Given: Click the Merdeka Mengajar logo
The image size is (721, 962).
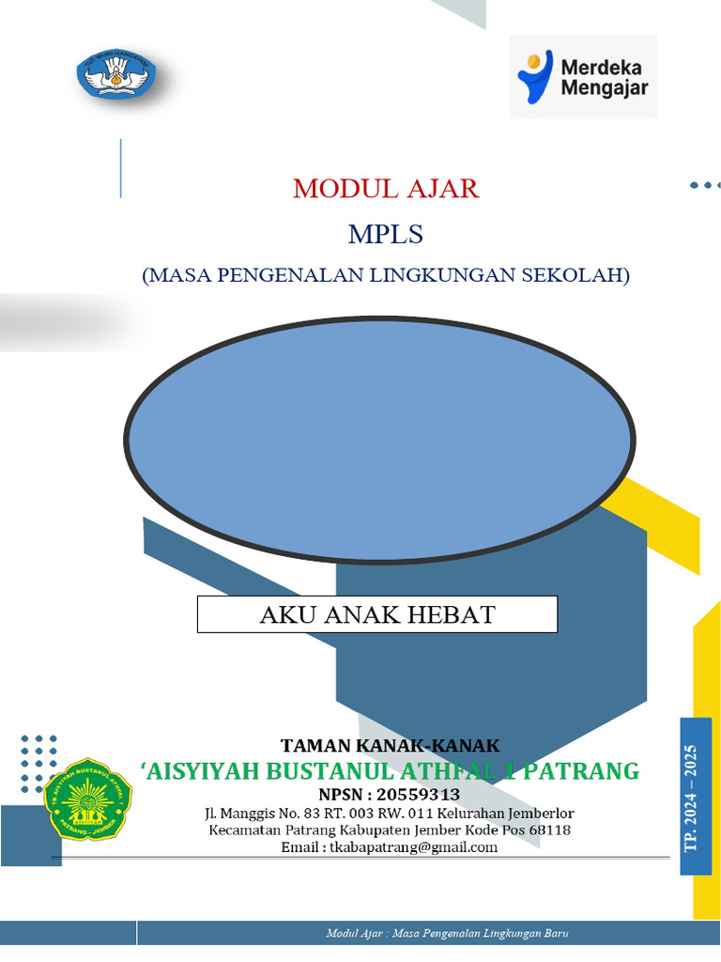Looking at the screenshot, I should [583, 77].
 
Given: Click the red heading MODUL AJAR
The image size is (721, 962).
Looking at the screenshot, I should [386, 188].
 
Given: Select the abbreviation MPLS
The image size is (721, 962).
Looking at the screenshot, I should [386, 233].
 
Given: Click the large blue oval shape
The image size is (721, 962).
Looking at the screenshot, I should [381, 440].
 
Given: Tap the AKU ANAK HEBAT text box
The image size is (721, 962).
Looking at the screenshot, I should [376, 614].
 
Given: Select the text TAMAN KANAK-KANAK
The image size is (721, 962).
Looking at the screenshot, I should [390, 746].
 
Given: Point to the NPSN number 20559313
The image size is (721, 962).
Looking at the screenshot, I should [418, 795].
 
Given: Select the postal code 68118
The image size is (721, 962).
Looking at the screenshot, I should [551, 830].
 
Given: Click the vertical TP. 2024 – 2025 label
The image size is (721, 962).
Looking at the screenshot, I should [695, 797].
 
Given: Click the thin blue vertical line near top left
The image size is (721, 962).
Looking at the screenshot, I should [121, 168].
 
